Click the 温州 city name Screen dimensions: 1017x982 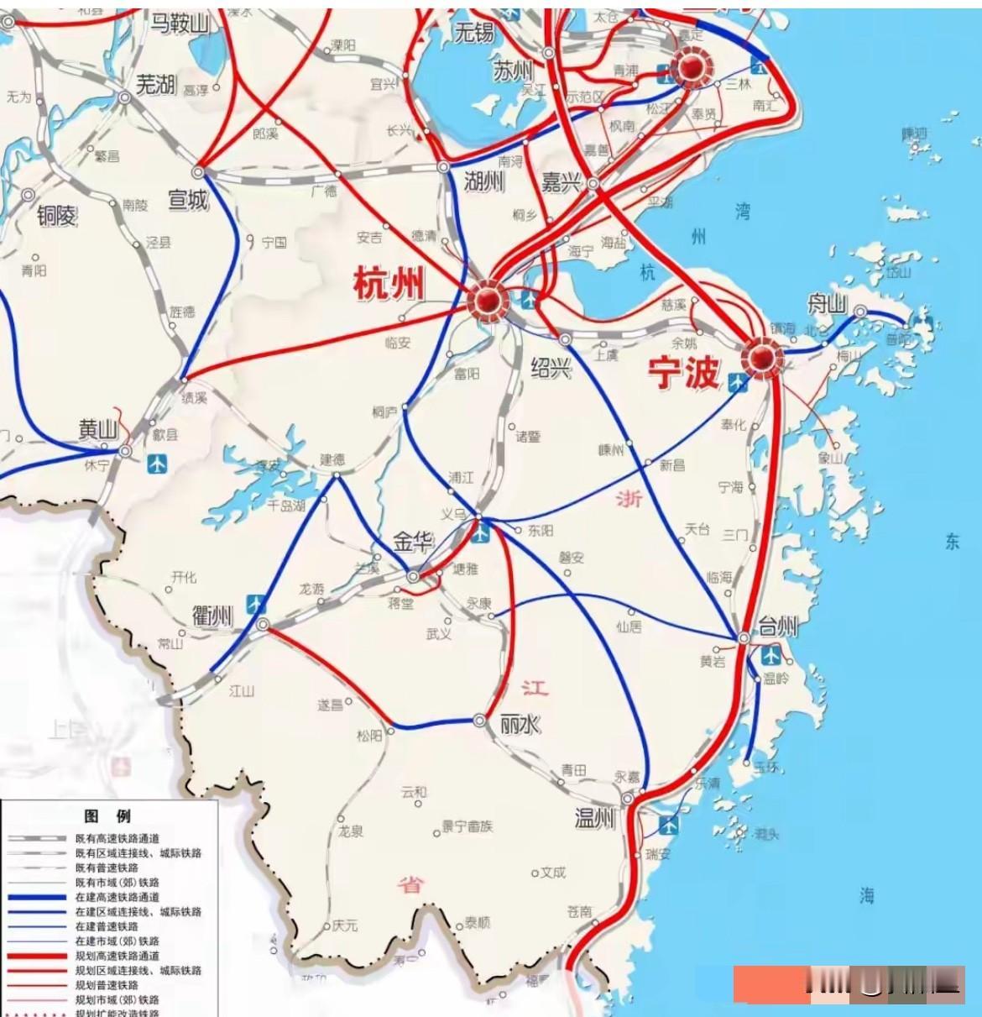[x=595, y=817]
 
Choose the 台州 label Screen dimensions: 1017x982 [x=777, y=626]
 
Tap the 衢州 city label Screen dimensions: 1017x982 [x=212, y=616]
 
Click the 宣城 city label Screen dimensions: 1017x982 [x=187, y=200]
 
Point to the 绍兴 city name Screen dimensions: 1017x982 [x=551, y=367]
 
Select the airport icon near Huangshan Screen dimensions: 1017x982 [x=157, y=464]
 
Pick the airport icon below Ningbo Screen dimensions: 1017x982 [x=738, y=383]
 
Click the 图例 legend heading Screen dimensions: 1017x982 [x=107, y=816]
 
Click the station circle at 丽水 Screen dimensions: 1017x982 [x=479, y=721]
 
